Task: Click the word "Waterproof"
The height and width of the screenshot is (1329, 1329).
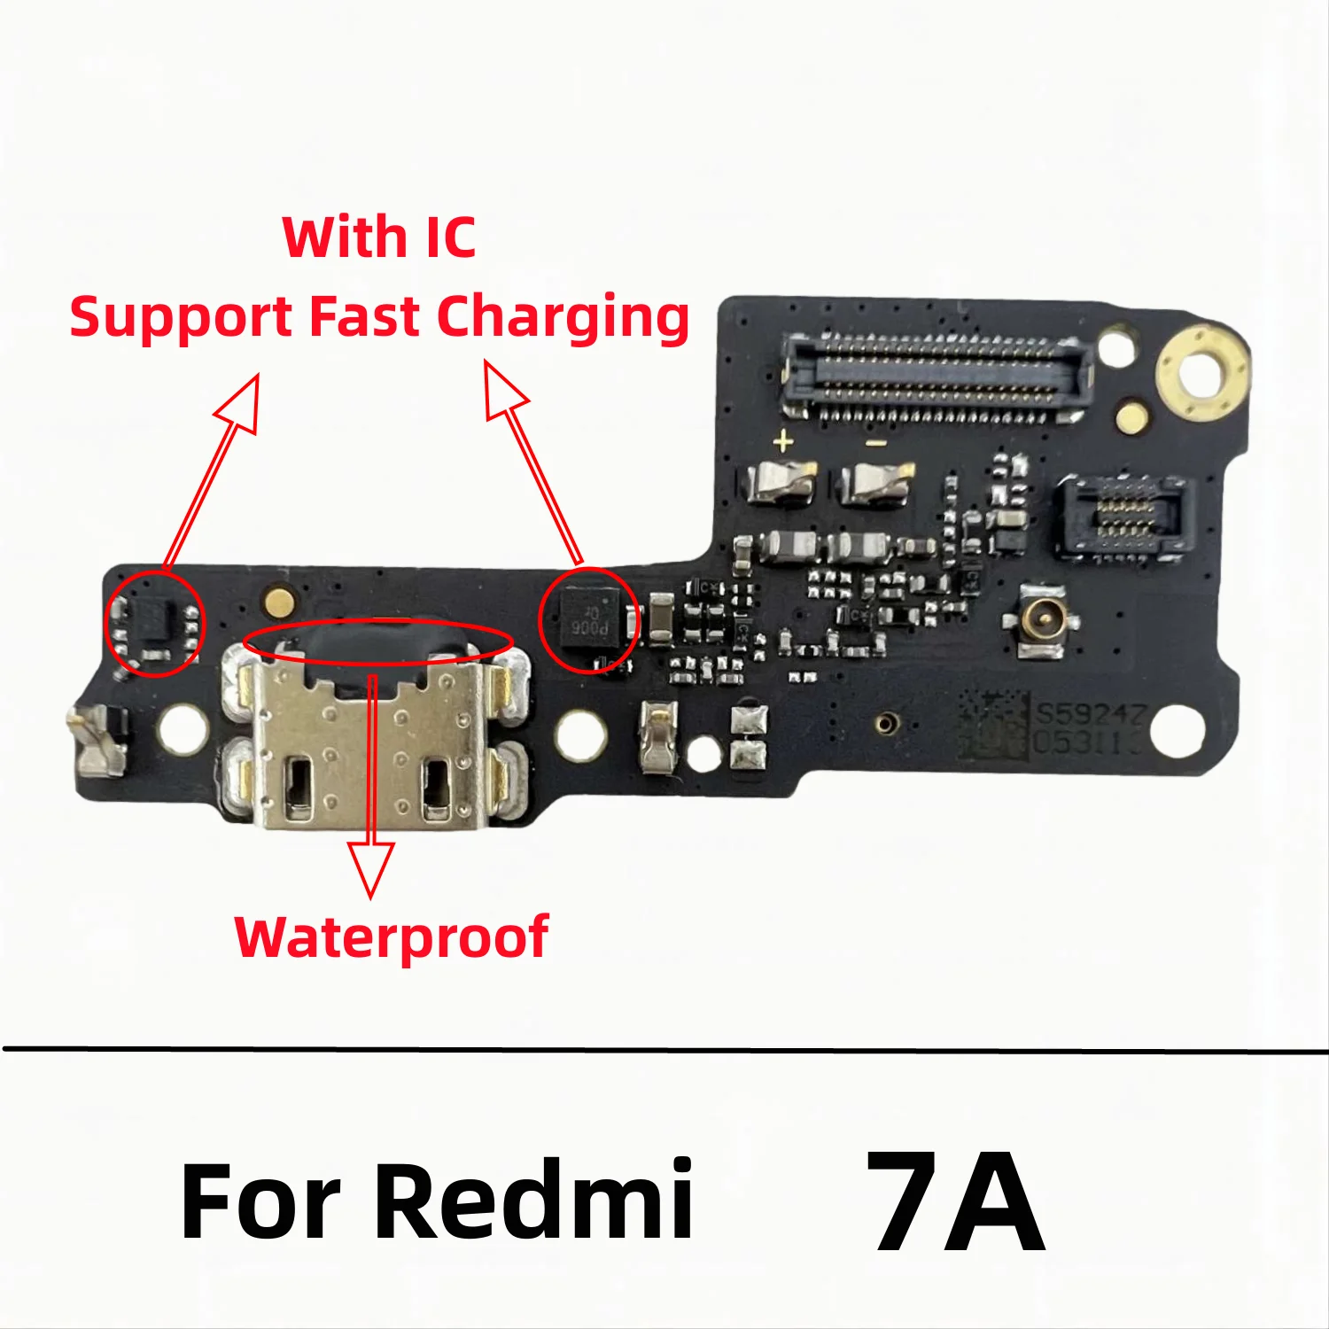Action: pyautogui.click(x=392, y=938)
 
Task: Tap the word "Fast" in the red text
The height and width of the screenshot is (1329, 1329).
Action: pyautogui.click(x=365, y=317)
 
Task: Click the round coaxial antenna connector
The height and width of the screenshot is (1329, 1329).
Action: pyautogui.click(x=1042, y=621)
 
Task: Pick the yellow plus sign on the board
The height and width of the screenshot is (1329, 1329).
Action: pyautogui.click(x=782, y=441)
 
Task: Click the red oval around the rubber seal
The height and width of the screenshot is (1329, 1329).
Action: pyautogui.click(x=378, y=641)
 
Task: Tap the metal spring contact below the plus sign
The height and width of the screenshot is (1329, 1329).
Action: pyautogui.click(x=781, y=485)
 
